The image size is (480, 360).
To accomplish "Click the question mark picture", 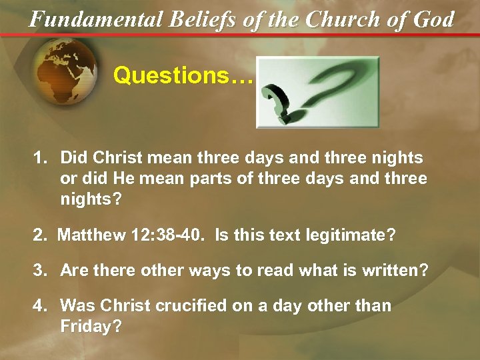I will (317, 92).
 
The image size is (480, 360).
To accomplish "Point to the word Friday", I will (91, 327).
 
